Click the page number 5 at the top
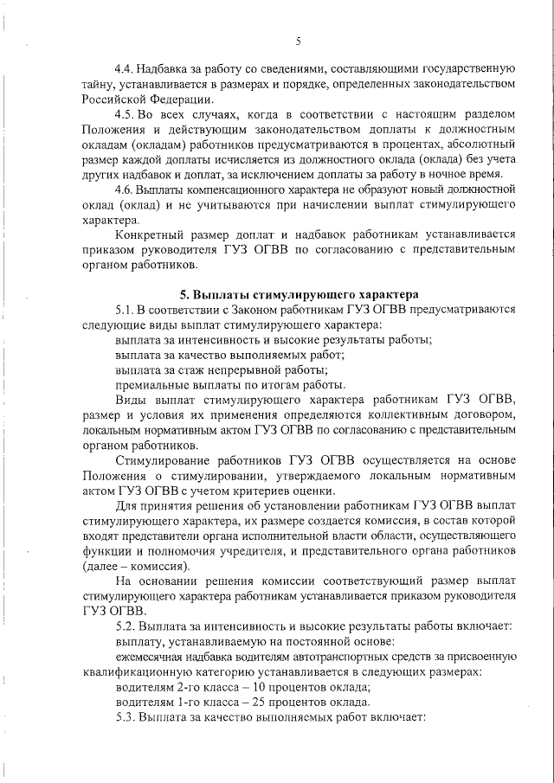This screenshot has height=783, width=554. [x=297, y=40]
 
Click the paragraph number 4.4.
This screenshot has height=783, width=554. [x=126, y=67]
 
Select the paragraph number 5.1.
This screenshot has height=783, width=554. [x=126, y=309]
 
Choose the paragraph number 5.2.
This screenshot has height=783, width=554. [x=126, y=625]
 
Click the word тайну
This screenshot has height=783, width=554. [x=100, y=82]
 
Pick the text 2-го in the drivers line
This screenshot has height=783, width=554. [x=189, y=687]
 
